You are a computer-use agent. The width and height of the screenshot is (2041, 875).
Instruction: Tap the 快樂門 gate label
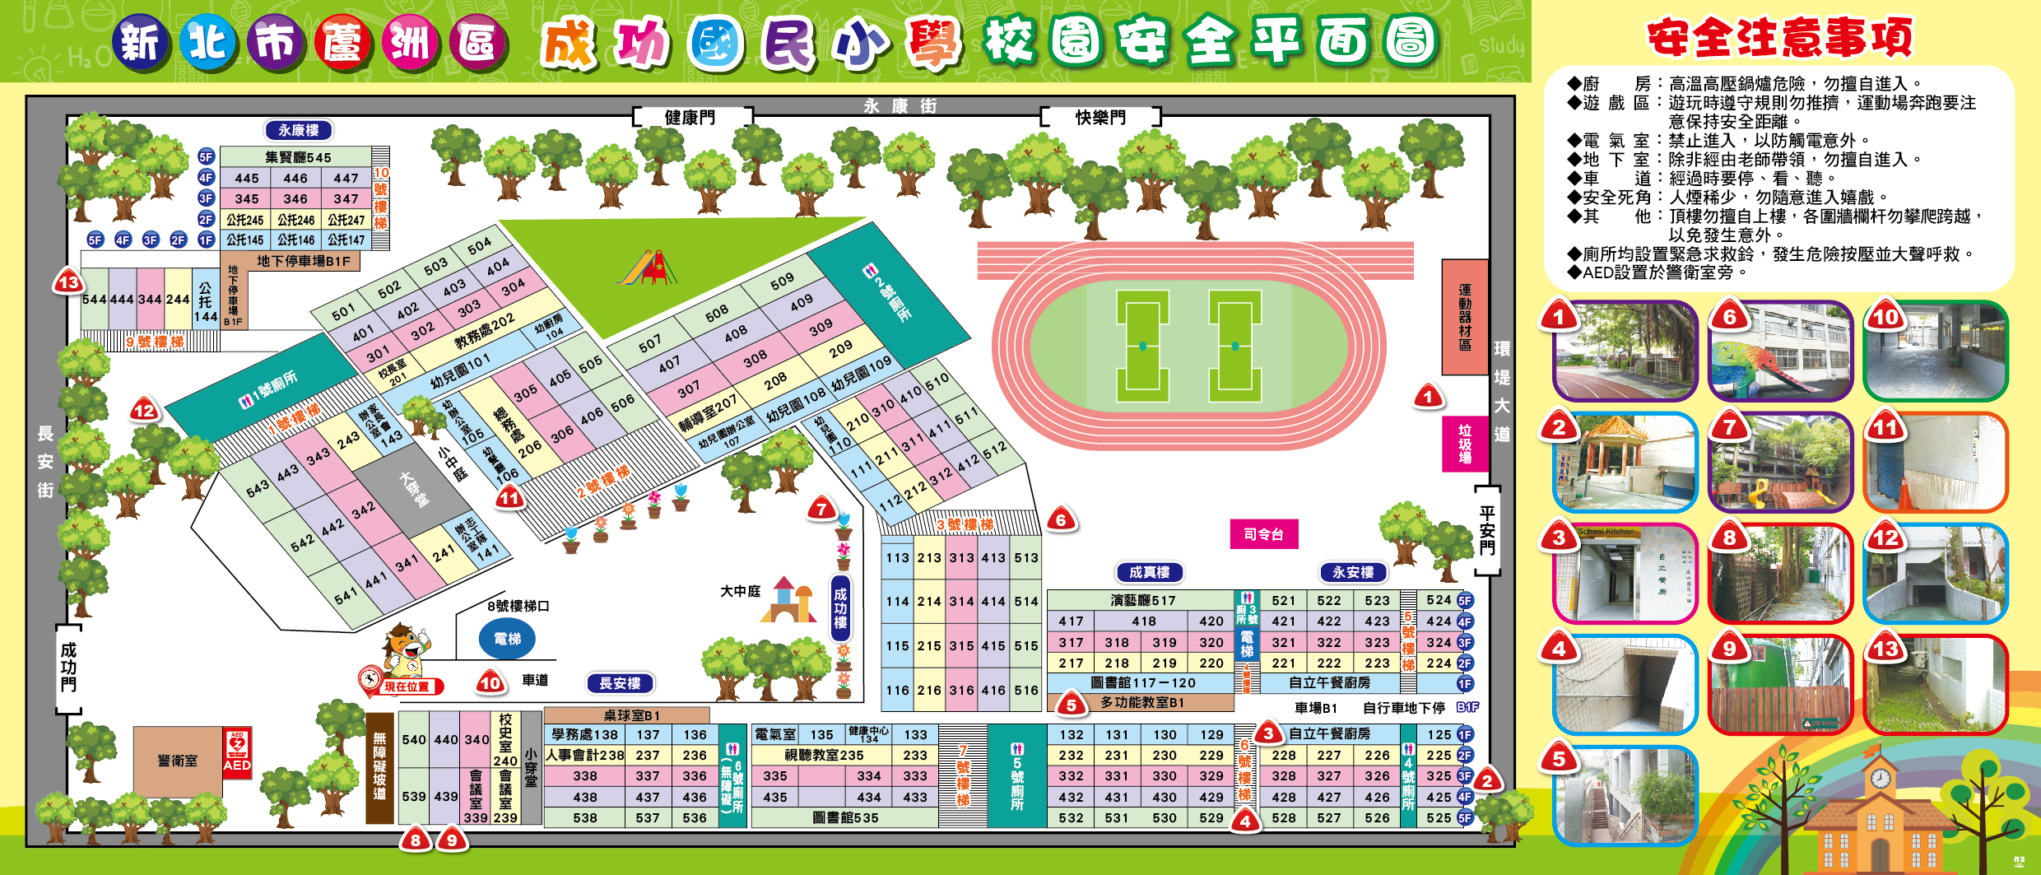(1100, 118)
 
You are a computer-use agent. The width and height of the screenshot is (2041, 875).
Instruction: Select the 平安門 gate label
(1486, 530)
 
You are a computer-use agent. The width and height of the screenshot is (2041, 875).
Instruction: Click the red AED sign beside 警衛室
(237, 753)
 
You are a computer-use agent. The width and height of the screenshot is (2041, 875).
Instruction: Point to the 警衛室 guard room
(178, 761)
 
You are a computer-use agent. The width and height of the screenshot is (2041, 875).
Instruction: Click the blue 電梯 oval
(507, 639)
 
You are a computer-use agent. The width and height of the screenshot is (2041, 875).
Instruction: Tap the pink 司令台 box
(1263, 534)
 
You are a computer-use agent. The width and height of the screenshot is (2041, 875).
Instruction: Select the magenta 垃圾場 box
(1465, 444)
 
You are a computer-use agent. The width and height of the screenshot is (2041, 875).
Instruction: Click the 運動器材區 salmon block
(1465, 317)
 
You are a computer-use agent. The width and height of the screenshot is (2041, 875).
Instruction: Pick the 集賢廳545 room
(297, 156)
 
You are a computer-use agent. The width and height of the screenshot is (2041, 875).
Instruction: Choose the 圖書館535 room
(845, 817)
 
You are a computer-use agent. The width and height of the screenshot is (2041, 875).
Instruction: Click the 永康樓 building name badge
(298, 130)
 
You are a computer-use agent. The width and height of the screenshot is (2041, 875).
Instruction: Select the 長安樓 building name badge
(620, 683)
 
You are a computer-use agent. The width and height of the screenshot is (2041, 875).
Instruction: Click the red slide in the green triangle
(650, 268)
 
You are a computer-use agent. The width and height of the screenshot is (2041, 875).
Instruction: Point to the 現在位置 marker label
(407, 687)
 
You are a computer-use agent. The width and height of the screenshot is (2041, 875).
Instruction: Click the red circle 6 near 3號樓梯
(1061, 520)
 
